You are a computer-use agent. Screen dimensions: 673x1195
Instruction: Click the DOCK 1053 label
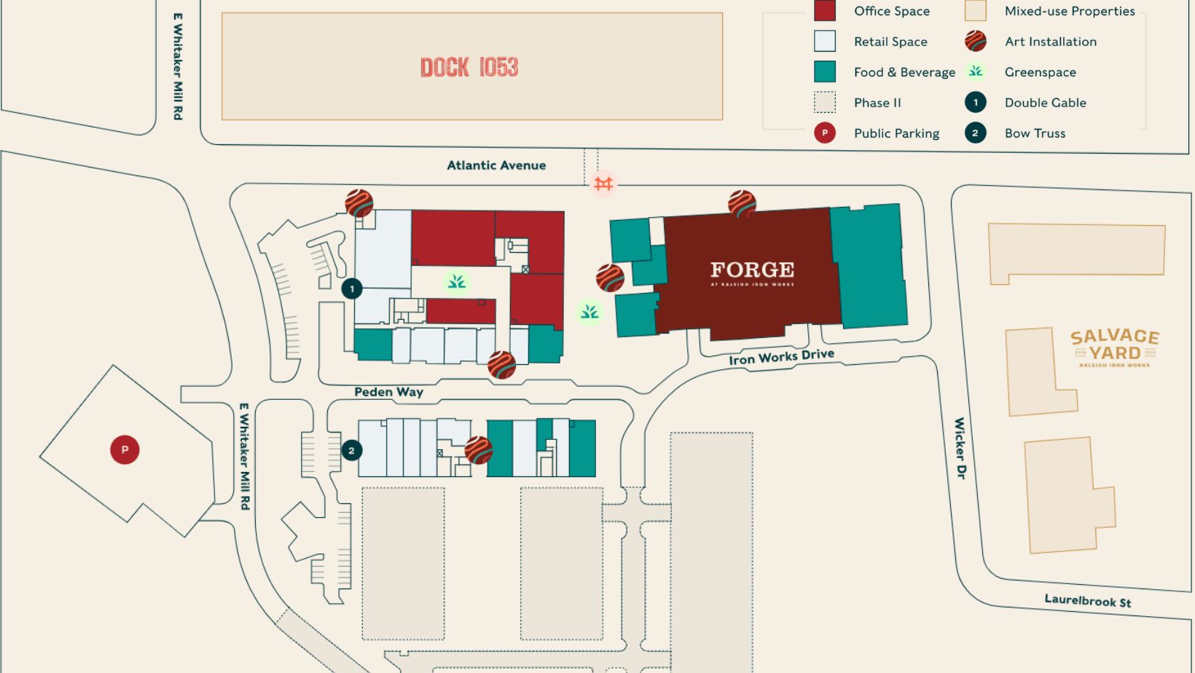(469, 67)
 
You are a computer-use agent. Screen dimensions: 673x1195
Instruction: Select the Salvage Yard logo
(1114, 347)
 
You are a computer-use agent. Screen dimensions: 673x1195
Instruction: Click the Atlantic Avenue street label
(496, 165)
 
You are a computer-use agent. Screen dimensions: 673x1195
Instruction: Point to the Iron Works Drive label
(781, 357)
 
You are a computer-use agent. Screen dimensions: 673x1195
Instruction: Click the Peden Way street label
(388, 392)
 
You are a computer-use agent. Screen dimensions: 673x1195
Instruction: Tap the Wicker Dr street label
(960, 447)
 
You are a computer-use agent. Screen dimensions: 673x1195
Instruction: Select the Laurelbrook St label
(1087, 601)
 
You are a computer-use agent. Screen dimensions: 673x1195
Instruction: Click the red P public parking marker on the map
(125, 449)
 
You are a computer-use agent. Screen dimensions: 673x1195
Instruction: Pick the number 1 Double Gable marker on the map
(352, 288)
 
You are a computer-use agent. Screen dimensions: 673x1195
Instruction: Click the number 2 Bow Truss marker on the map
(351, 450)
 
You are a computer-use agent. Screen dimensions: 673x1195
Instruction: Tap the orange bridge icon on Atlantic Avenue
(603, 184)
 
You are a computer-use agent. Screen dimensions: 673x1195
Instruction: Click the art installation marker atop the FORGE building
(742, 204)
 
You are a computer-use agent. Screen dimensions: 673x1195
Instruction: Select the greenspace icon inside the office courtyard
(457, 281)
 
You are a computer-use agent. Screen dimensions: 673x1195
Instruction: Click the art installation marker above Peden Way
(501, 364)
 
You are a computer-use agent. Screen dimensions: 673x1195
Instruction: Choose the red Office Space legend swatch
(825, 11)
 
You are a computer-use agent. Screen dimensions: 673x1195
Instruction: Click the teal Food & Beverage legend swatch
(825, 71)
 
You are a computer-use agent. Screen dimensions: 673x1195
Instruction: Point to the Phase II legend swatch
(825, 102)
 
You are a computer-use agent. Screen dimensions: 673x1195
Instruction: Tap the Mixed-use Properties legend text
(1070, 11)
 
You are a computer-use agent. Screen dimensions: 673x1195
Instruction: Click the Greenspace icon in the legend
(976, 71)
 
